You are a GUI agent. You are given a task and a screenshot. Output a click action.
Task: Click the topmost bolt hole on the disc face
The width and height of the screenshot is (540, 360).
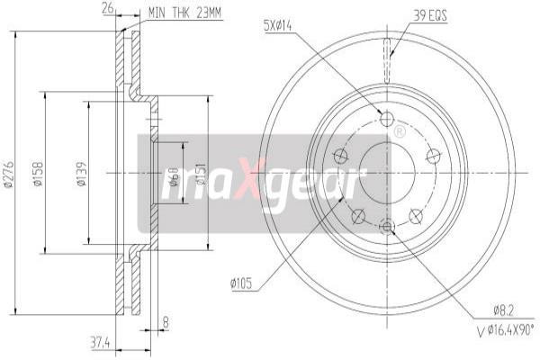(387, 120)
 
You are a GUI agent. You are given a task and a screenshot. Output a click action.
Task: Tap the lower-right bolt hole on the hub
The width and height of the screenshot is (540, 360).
(416, 214)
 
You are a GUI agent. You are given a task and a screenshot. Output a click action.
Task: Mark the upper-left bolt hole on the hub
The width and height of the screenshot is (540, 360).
(341, 156)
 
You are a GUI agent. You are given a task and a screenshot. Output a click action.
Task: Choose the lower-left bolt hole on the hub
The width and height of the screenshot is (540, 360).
(359, 214)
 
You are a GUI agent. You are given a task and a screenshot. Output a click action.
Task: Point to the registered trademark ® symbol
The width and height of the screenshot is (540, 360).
(399, 132)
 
